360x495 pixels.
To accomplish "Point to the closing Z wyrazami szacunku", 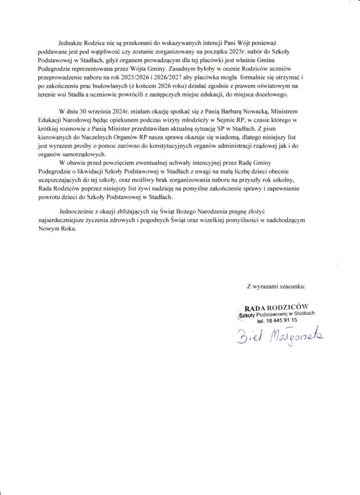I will tap(276, 287).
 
